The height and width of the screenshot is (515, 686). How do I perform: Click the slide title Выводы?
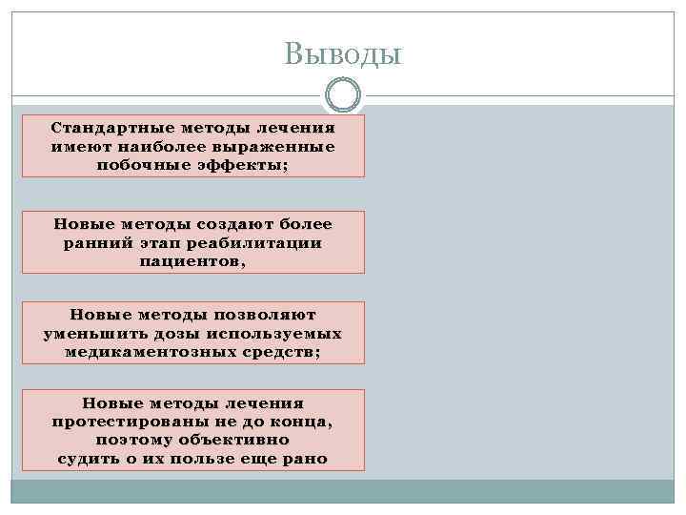pos(343,53)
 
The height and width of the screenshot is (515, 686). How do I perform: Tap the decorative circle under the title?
pos(343,95)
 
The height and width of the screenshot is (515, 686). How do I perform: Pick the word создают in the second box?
pos(233,224)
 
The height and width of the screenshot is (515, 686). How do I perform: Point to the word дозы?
pos(175,333)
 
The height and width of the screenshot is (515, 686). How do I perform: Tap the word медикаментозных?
pos(146,351)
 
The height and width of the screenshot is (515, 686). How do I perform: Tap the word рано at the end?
pos(303,458)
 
